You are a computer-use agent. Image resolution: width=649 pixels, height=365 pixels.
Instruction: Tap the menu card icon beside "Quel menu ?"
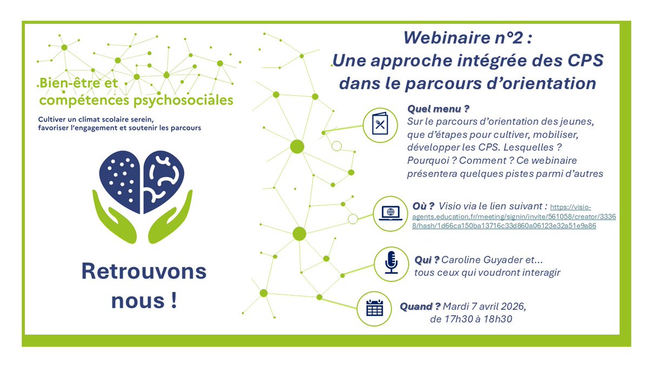pyautogui.click(x=381, y=124)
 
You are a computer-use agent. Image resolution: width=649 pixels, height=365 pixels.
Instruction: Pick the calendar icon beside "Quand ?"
pyautogui.click(x=374, y=308)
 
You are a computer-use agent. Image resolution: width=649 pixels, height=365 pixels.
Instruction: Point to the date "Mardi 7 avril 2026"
pyautogui.click(x=484, y=307)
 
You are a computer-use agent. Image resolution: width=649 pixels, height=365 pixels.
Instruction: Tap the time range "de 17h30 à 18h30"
pyautogui.click(x=471, y=320)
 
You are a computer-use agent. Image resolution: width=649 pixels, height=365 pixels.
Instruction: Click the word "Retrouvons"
pyautogui.click(x=144, y=271)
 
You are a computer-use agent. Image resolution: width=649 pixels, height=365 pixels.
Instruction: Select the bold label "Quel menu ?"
pyautogui.click(x=438, y=109)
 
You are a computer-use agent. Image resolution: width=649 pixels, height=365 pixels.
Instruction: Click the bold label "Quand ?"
pyautogui.click(x=420, y=307)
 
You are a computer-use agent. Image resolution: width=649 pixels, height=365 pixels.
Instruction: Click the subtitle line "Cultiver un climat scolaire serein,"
pyautogui.click(x=96, y=119)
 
